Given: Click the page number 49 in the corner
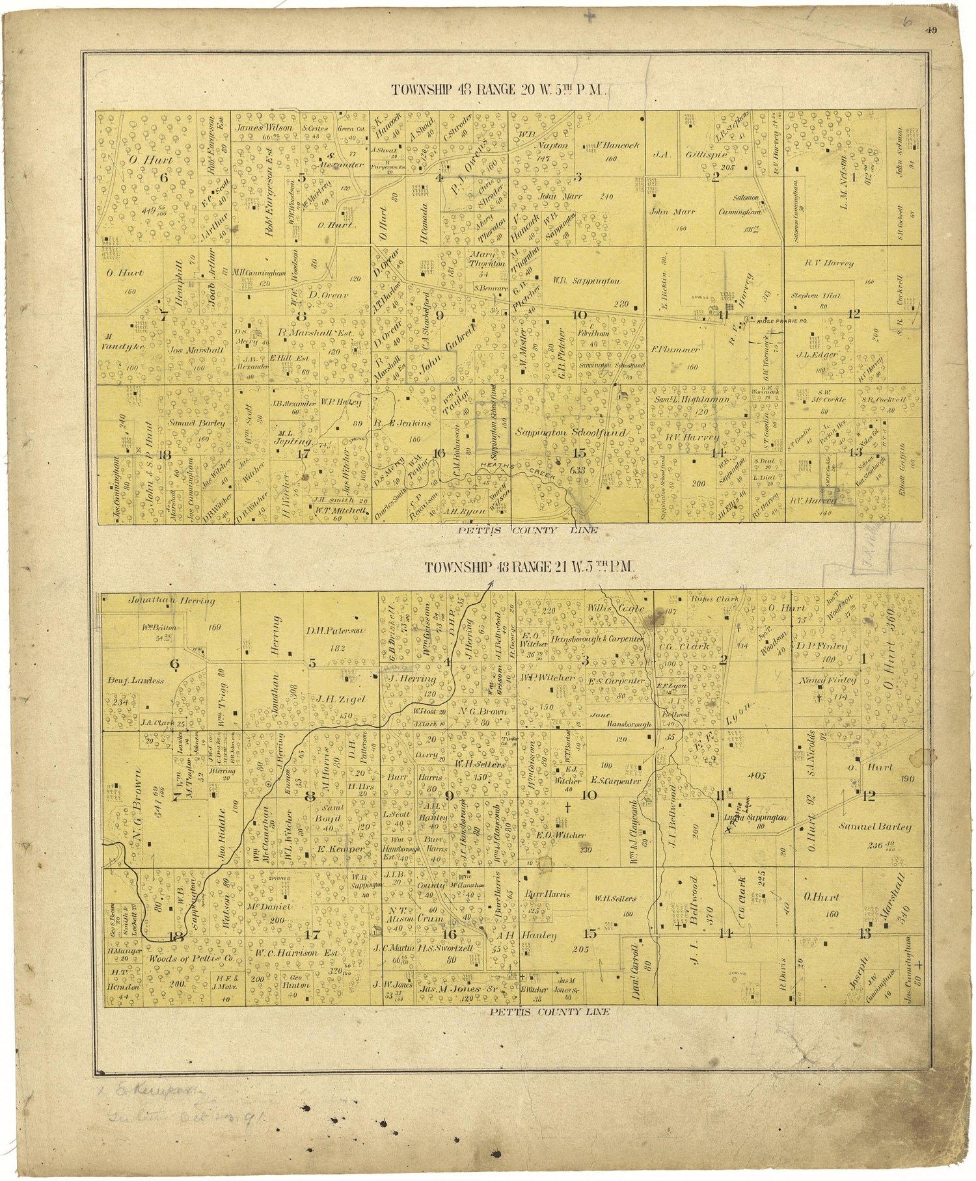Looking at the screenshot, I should [933, 28].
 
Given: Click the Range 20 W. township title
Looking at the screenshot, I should [498, 89].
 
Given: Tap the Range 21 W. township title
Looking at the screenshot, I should [530, 567].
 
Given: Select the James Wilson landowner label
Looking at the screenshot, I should [264, 128].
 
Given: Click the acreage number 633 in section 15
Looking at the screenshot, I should [576, 470].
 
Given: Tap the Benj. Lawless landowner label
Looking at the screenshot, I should [136, 680].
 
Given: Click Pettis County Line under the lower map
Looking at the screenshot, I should [550, 1012].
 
